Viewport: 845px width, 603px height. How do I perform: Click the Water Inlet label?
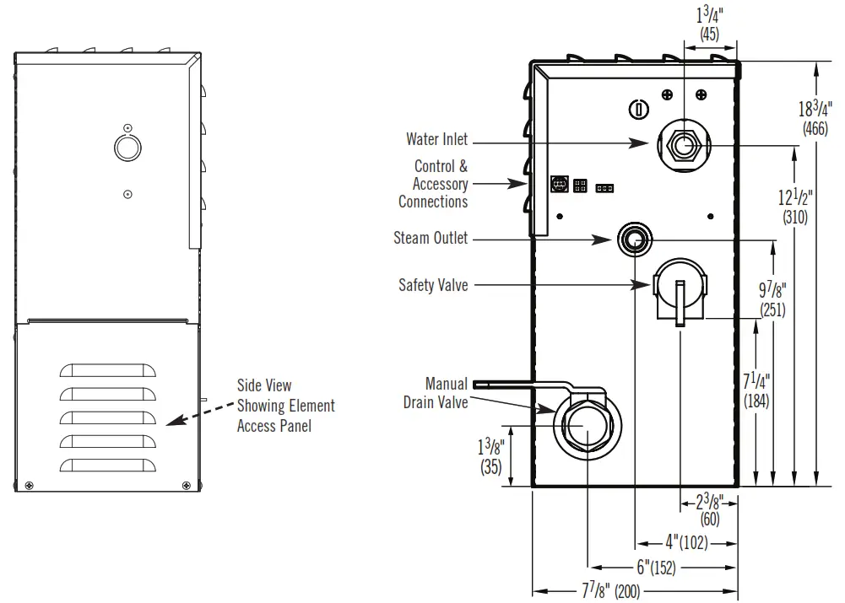(436, 140)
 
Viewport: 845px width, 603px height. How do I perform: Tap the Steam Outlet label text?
(431, 239)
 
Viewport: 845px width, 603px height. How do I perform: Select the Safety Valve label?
(433, 286)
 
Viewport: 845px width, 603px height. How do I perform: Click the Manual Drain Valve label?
(436, 393)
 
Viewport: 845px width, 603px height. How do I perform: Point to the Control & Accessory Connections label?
(433, 184)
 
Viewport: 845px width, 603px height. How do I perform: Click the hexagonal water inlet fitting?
(682, 146)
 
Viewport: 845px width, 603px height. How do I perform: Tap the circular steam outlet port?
(633, 240)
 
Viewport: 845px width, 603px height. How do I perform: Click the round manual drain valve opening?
(584, 424)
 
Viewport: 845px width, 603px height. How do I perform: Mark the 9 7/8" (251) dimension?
(771, 299)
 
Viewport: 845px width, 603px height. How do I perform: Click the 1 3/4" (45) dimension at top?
(709, 23)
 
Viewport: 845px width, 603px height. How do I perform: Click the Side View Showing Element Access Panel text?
(285, 406)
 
